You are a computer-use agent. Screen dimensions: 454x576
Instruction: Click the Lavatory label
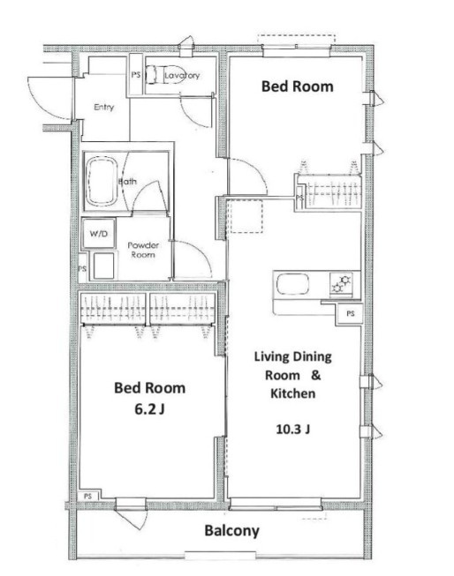point(182,75)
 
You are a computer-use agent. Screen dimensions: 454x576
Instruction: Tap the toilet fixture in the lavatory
point(162,75)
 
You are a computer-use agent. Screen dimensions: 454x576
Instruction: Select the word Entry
point(103,108)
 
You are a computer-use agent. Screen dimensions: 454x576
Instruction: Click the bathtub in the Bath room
point(102,182)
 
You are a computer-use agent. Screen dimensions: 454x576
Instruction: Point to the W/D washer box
point(99,233)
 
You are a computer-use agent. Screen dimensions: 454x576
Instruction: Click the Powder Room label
point(143,250)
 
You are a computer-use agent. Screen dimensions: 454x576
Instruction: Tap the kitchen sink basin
point(292,284)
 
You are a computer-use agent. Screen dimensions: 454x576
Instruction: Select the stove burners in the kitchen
point(341,284)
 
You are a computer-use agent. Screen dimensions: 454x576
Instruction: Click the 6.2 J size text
point(149,409)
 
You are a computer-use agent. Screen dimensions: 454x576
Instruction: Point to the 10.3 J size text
point(293,429)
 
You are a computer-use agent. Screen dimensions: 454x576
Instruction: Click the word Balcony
point(231,531)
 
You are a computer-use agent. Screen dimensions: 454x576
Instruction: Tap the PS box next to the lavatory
point(136,75)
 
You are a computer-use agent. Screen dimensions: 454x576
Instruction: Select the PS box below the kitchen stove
point(350,313)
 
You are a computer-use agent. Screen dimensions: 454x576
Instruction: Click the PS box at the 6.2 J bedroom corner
point(88,496)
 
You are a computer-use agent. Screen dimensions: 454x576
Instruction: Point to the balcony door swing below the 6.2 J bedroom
point(132,519)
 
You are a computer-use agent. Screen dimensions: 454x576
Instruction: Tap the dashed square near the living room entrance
point(245,216)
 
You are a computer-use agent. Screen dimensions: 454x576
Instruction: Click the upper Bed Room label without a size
point(298,86)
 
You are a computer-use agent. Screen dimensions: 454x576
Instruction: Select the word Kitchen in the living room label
point(293,393)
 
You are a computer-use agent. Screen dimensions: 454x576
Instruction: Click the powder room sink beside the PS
point(103,266)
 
